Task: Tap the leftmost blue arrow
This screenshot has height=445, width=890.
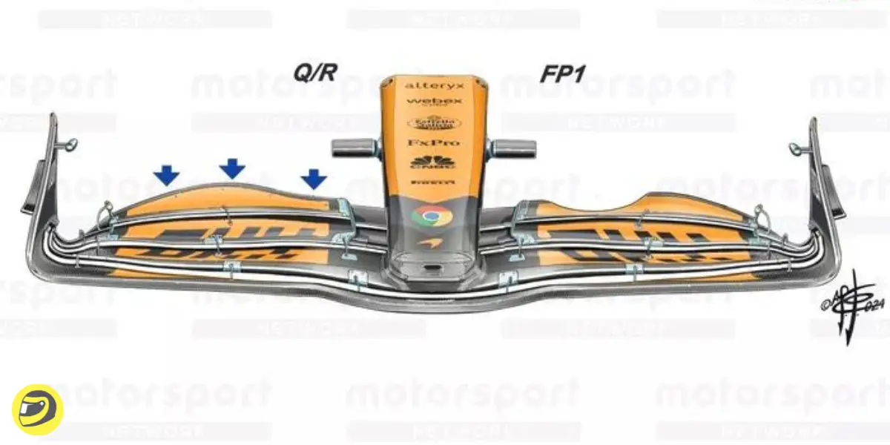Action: pyautogui.click(x=167, y=175)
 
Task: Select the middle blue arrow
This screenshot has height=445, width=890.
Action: pyautogui.click(x=232, y=168)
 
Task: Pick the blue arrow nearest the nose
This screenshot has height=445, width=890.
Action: pyautogui.click(x=314, y=178)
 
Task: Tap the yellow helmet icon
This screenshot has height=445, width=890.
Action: pyautogui.click(x=37, y=409)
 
